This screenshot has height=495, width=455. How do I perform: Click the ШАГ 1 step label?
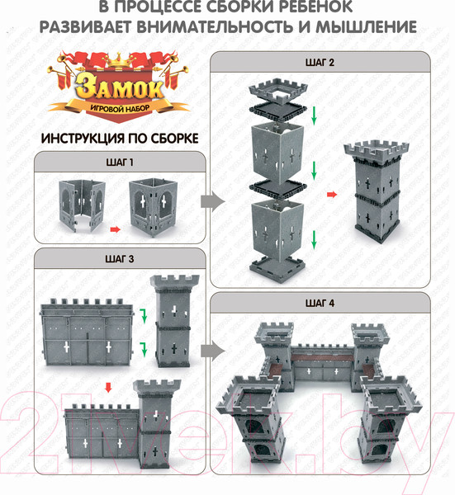120,163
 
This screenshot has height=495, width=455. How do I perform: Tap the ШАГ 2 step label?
320,62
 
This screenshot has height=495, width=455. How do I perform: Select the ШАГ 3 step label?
120,259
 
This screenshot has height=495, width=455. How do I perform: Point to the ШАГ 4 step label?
320,303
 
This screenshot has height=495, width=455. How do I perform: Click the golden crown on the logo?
119,60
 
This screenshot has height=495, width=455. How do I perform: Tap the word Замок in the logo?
120,87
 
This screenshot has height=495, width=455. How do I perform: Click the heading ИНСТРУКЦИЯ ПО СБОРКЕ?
120,139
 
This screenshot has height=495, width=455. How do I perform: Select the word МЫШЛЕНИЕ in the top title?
366,27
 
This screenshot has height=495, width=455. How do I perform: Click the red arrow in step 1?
116,229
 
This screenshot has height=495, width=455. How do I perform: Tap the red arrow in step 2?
332,195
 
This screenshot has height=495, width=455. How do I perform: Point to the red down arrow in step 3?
108,388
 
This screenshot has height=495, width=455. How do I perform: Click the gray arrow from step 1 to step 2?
212,201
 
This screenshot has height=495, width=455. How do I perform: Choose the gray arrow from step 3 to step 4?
212,351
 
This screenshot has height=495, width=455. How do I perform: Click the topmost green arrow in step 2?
314,115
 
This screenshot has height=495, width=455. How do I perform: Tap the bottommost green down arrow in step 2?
314,239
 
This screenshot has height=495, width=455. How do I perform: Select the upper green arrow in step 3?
144,317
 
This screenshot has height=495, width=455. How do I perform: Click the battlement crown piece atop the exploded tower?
278,91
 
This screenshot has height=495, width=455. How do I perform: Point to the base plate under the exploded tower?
277,268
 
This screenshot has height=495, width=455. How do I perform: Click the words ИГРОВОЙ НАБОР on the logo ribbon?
120,109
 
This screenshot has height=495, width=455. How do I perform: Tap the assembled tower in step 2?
376,191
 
